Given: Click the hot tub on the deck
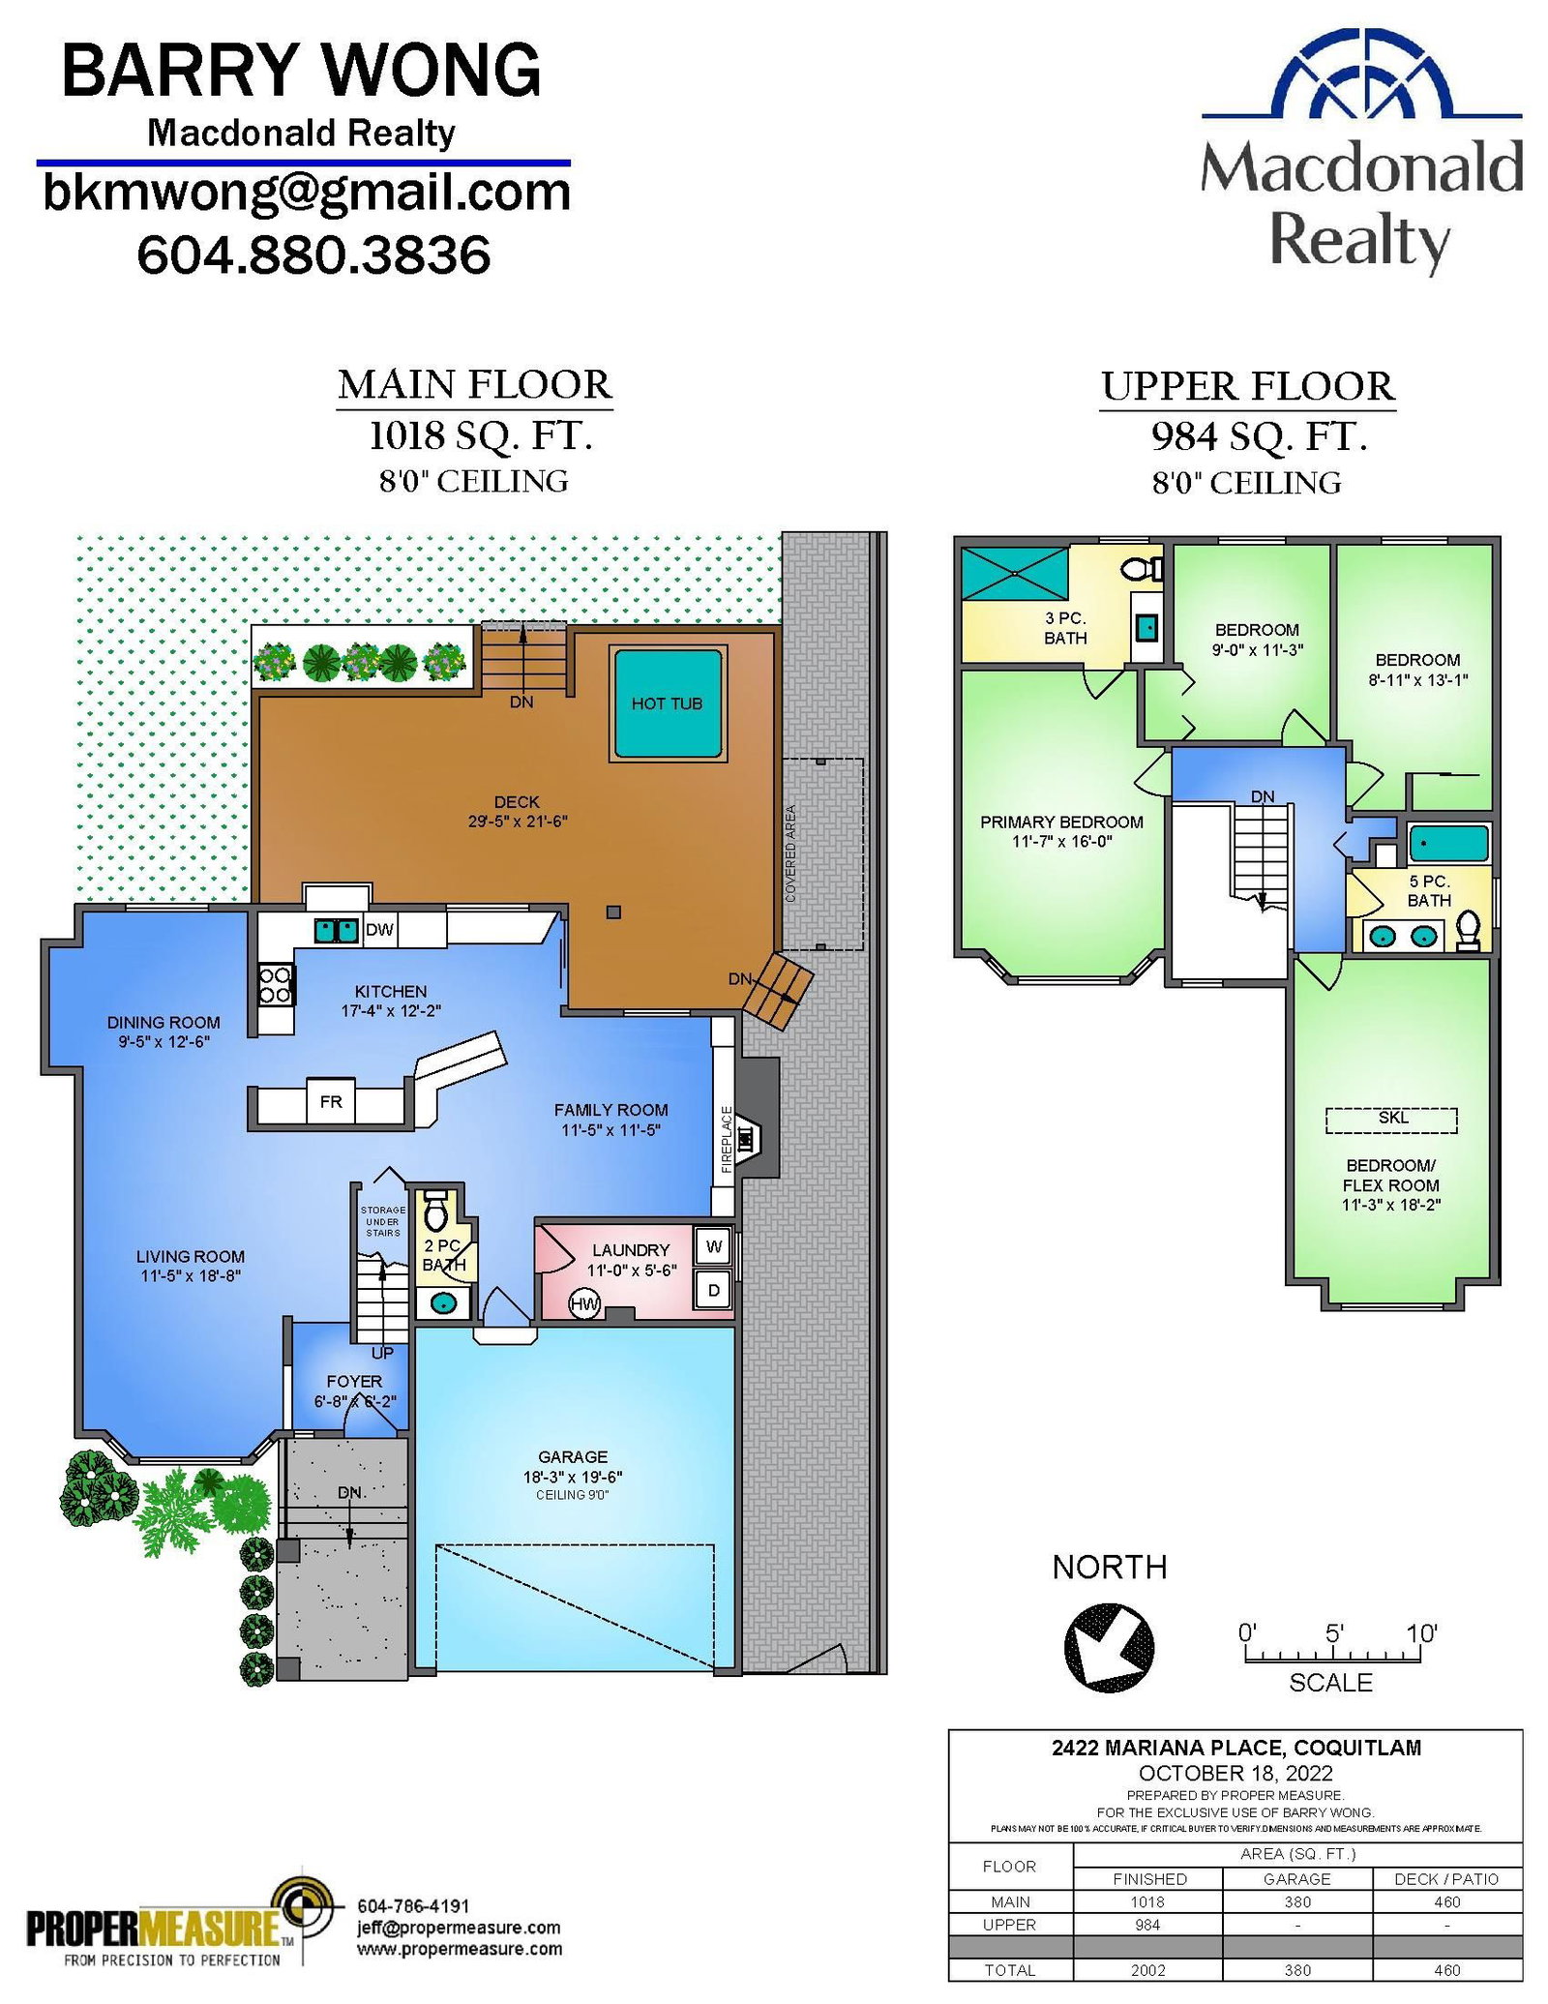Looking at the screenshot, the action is (x=667, y=703).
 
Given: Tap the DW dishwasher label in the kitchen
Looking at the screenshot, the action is (x=379, y=930).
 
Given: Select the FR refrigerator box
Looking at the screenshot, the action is (x=331, y=1101).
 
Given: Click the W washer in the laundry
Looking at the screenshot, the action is (x=714, y=1246).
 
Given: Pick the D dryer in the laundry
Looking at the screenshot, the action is (x=714, y=1290).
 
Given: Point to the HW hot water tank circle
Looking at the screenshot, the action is (x=584, y=1304).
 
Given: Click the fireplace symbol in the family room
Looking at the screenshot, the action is (x=746, y=1140).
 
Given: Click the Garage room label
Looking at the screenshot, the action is (x=573, y=1456).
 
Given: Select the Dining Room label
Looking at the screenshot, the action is (x=164, y=1022).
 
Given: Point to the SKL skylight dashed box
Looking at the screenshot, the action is (x=1390, y=1120).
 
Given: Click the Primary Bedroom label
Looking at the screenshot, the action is (x=1061, y=822).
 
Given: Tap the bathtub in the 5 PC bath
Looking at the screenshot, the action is (x=1448, y=844).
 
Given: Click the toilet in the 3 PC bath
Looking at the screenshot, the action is (x=1145, y=569).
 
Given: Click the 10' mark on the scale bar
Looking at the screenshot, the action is (x=1421, y=1634).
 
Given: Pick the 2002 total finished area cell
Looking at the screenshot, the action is (x=1147, y=1969).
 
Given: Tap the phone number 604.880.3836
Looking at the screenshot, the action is (x=313, y=254).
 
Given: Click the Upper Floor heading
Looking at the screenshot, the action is (x=1247, y=386).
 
